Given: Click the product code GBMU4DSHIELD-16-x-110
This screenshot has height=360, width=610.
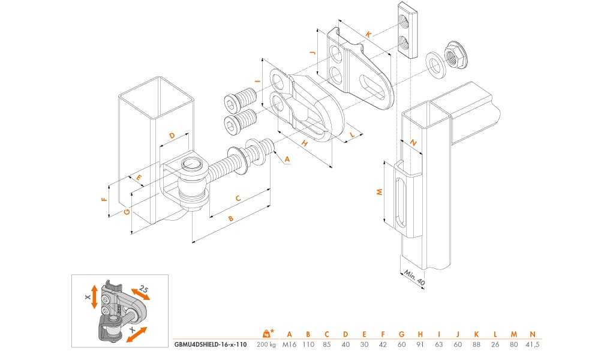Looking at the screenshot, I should point(210,345).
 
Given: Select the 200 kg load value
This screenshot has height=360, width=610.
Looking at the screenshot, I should point(266,345).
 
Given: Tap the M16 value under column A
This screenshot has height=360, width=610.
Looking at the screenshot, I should point(289,345).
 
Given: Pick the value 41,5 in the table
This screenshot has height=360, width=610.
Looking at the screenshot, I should point(531,345).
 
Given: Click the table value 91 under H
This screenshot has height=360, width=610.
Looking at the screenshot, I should point(420,345).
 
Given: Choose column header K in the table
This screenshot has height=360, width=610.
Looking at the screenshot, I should point(476,334).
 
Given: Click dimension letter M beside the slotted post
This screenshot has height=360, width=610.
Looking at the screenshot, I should point(379,192).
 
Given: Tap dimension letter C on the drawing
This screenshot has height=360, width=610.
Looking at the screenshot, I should point(238,198).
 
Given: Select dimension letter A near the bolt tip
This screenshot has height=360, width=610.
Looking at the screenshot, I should point(287,159).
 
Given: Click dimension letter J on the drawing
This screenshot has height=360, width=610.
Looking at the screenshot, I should point(312,53).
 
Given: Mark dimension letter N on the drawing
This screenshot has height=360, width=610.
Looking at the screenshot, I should point(414,142).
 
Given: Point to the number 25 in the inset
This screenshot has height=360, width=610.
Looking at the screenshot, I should point(143,289).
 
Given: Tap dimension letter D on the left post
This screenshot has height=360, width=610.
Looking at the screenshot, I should point(172,136).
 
